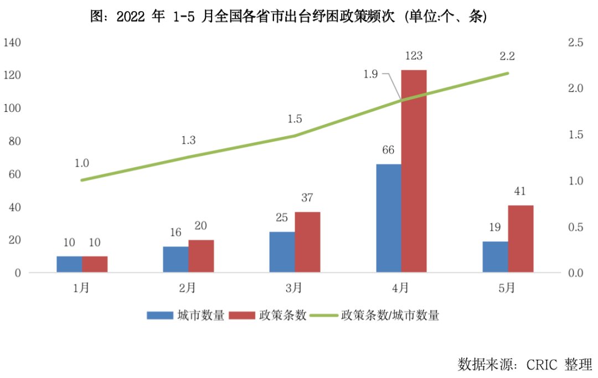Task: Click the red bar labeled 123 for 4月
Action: point(414,171)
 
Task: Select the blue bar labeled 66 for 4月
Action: point(388,218)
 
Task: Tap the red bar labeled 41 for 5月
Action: point(520,239)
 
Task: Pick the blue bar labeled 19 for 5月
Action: point(495,257)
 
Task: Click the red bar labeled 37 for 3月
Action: point(307,242)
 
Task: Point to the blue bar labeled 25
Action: point(282,252)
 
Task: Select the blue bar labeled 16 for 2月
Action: point(176,259)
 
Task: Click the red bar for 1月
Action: point(95,264)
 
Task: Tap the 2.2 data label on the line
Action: point(507,56)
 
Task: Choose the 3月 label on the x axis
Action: point(294,288)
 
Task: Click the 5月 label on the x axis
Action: point(507,288)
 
